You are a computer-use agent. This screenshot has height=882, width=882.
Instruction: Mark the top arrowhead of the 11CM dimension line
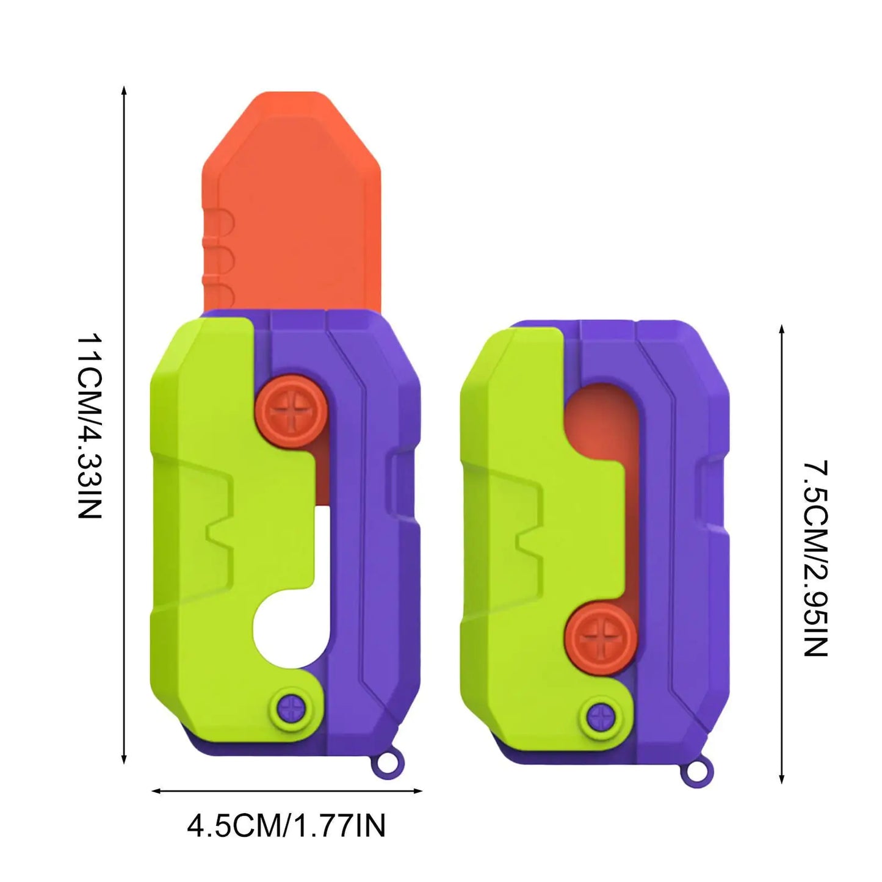[125, 90]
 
